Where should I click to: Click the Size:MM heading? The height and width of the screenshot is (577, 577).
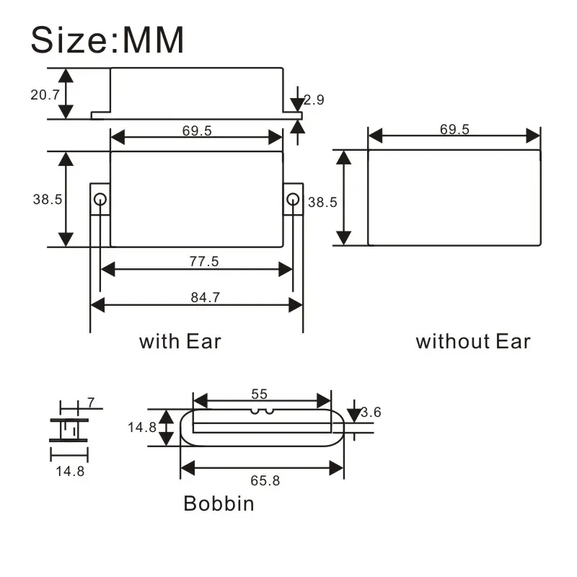pyautogui.click(x=107, y=40)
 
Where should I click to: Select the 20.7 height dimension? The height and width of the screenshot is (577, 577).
pyautogui.click(x=45, y=94)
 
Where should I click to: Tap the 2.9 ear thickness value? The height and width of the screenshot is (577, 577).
pyautogui.click(x=314, y=100)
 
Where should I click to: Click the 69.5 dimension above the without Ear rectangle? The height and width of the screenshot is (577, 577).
pyautogui.click(x=454, y=129)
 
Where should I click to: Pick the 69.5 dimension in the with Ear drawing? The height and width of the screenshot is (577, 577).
pyautogui.click(x=196, y=131)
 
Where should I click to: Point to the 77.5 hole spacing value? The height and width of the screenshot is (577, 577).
pyautogui.click(x=204, y=262)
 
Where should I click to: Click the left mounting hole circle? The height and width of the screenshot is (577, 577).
pyautogui.click(x=100, y=199)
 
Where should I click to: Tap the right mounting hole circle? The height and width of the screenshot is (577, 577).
pyautogui.click(x=292, y=199)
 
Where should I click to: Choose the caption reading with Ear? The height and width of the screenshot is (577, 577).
pyautogui.click(x=180, y=340)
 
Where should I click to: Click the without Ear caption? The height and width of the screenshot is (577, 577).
pyautogui.click(x=472, y=341)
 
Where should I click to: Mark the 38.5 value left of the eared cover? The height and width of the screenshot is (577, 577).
pyautogui.click(x=47, y=200)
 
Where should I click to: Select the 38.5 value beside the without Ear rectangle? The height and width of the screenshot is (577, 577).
pyautogui.click(x=322, y=203)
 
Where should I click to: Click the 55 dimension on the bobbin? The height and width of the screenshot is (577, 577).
pyautogui.click(x=260, y=394)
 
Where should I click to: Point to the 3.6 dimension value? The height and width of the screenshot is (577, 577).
pyautogui.click(x=371, y=413)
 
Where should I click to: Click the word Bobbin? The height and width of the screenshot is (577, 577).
pyautogui.click(x=219, y=503)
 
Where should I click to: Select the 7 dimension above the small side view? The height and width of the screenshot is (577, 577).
pyautogui.click(x=91, y=402)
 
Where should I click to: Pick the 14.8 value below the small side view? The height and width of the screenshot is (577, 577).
pyautogui.click(x=70, y=472)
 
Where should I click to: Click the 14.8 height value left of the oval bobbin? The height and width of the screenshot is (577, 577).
pyautogui.click(x=142, y=427)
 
